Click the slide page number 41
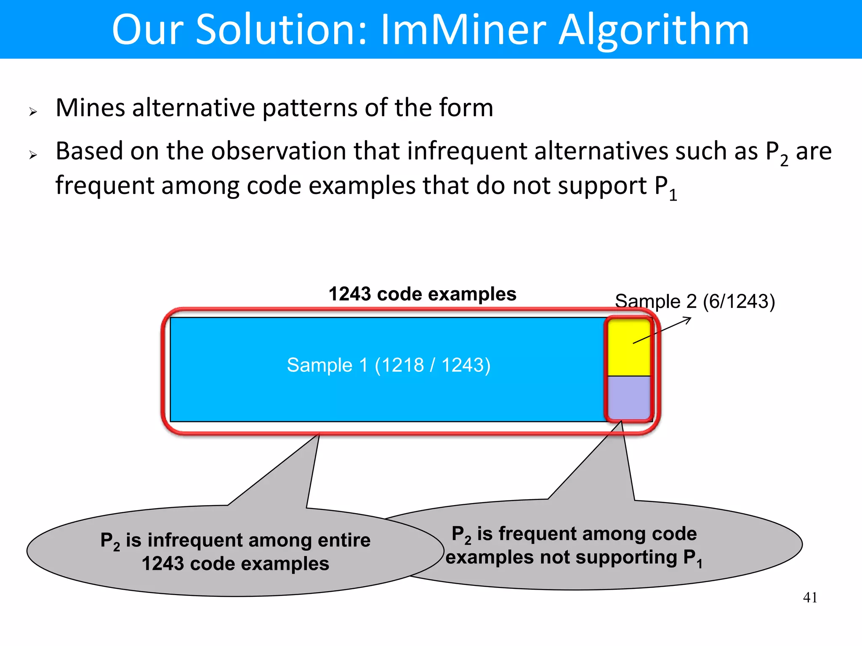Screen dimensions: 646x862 (x=810, y=597)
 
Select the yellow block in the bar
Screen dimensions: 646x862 (x=629, y=347)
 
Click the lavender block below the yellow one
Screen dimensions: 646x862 (x=629, y=397)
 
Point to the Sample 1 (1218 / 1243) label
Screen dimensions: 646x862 (x=388, y=365)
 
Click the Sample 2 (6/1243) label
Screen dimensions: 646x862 (x=694, y=301)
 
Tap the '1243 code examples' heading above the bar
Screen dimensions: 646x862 (x=422, y=294)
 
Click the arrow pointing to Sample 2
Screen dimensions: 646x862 (x=662, y=331)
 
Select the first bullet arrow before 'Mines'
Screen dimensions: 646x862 (x=33, y=112)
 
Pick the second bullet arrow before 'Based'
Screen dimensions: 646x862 (x=33, y=155)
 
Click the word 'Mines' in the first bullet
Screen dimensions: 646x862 (x=90, y=108)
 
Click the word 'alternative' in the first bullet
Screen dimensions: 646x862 (x=194, y=108)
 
